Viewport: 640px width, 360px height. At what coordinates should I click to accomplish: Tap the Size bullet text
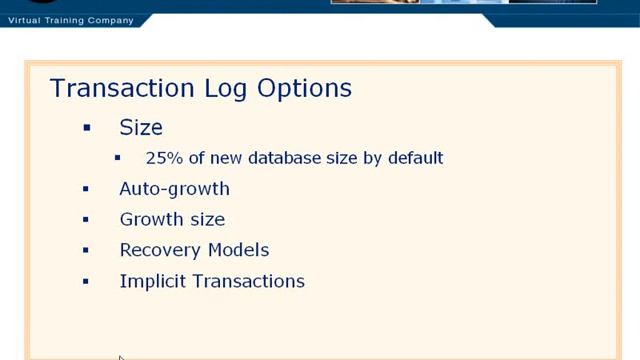[x=141, y=128]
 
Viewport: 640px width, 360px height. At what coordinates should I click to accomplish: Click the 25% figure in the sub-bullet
[x=160, y=158]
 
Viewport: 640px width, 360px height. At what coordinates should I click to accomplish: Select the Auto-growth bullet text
[x=174, y=189]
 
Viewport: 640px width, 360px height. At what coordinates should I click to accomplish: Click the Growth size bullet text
[x=172, y=220]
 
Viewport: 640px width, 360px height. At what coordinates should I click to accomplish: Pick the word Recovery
[x=159, y=250]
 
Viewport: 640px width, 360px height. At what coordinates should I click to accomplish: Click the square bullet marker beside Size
[x=87, y=128]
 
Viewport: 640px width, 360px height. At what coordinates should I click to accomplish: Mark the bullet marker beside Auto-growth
[x=87, y=189]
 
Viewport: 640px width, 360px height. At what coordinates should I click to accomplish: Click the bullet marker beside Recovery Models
[x=87, y=250]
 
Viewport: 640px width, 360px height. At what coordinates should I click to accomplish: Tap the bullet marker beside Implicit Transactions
[x=87, y=281]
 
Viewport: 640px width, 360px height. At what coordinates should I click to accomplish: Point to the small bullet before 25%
[x=118, y=158]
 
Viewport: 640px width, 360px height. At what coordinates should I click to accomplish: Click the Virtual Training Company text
[x=70, y=20]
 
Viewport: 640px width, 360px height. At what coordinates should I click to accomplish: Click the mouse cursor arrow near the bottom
[x=121, y=358]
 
